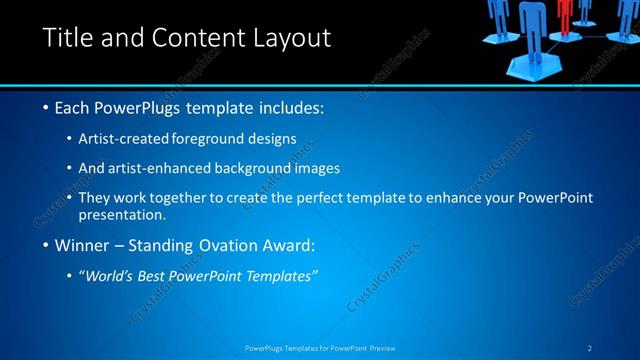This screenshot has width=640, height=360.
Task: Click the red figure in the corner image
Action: [x=567, y=14]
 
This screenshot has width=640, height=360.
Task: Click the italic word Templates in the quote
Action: [x=281, y=276]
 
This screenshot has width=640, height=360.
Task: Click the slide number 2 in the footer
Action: [x=590, y=348]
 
